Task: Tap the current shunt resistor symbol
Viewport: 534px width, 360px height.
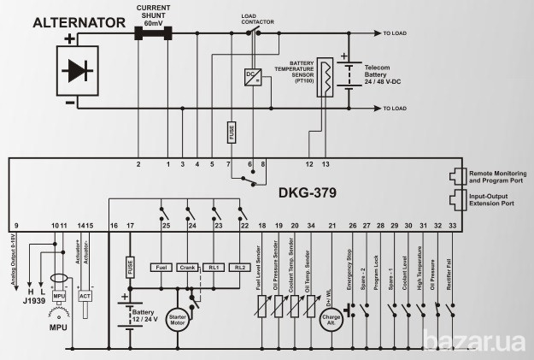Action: tap(153, 33)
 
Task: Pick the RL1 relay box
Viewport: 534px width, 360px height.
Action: tap(216, 267)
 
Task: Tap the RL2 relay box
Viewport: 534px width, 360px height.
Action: tap(242, 267)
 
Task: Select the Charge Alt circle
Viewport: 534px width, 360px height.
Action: tap(332, 320)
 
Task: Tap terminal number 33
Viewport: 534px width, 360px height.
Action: tap(452, 225)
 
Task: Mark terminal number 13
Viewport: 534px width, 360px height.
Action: tap(325, 162)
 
